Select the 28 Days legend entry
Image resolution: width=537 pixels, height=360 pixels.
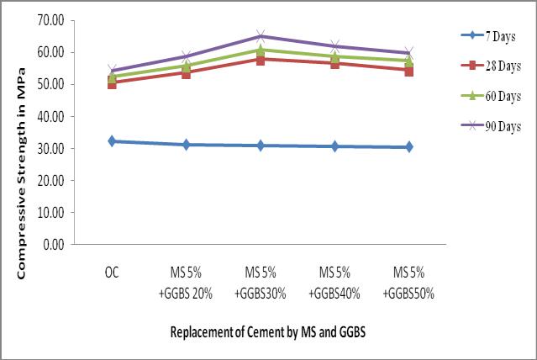tap(491, 66)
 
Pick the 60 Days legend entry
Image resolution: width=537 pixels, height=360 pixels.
tap(491, 96)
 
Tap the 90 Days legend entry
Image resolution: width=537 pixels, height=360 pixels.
tap(491, 126)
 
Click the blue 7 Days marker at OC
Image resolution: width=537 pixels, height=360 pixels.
tap(112, 141)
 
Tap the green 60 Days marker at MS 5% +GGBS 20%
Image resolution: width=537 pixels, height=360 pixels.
tap(186, 66)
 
